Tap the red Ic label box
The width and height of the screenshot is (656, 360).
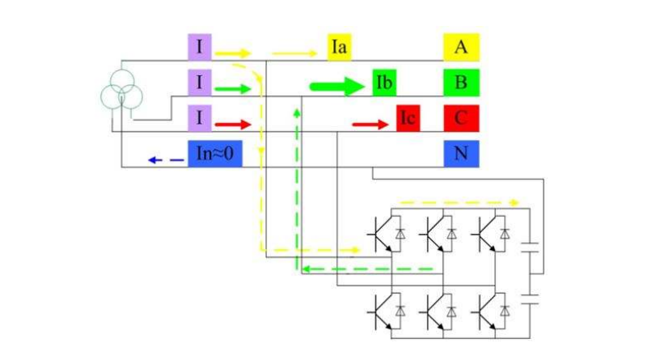[x=408, y=119]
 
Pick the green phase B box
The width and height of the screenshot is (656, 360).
[x=461, y=83]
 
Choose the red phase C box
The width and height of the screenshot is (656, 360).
[x=461, y=119]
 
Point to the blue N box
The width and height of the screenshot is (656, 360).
[x=461, y=154]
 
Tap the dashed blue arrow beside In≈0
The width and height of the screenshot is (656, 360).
[x=166, y=160]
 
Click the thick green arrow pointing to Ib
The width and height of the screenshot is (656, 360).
[x=337, y=86]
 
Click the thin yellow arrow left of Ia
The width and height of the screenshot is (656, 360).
[x=294, y=54]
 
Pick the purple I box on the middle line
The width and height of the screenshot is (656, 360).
[x=199, y=83]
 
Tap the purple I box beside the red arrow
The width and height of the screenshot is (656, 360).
[x=199, y=119]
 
